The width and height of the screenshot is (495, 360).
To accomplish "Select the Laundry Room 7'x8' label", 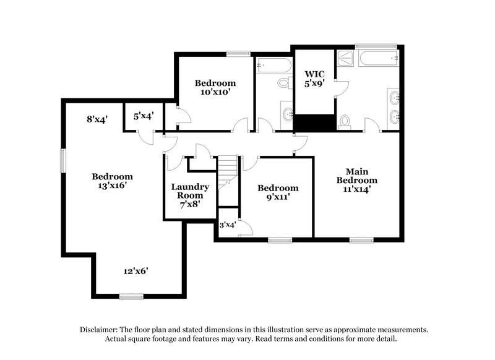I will [x=190, y=195].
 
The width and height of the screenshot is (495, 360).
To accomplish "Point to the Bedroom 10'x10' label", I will [x=215, y=88].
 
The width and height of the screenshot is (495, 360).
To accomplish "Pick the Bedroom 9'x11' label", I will [x=278, y=192].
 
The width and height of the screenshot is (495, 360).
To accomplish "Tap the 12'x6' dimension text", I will [x=136, y=270].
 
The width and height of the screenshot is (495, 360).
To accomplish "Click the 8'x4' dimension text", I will [x=98, y=119].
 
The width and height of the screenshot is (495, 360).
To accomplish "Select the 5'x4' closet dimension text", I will [x=144, y=115].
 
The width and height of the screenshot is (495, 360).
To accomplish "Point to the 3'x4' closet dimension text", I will [x=228, y=225].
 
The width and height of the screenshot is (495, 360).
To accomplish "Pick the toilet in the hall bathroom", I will [x=284, y=82].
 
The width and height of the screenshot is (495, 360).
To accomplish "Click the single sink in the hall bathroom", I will [x=287, y=114].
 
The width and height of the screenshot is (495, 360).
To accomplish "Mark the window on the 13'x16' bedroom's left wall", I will [x=62, y=160].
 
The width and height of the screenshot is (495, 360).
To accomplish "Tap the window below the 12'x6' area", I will [x=131, y=297].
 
